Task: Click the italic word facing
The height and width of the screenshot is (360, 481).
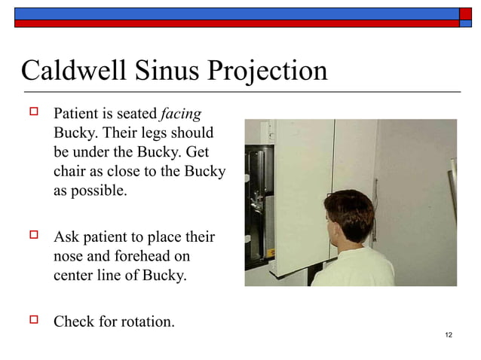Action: (181, 114)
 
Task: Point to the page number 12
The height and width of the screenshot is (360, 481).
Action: (449, 334)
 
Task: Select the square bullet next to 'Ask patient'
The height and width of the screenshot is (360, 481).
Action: (33, 236)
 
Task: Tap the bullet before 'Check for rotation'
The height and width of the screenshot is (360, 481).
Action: (33, 321)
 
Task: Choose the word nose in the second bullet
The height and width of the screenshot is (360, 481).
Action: (68, 257)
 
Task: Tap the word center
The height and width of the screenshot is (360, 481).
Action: (74, 276)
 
